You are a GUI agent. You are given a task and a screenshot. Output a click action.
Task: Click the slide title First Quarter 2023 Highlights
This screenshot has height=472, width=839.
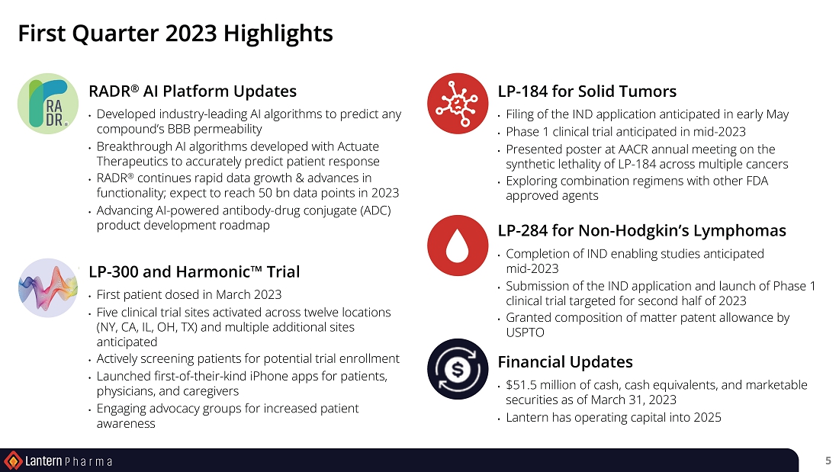coord(175,34)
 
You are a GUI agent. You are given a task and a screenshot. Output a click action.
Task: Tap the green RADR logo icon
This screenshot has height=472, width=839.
coord(48,103)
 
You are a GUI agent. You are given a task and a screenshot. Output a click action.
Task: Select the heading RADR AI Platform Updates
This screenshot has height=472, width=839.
coord(193,91)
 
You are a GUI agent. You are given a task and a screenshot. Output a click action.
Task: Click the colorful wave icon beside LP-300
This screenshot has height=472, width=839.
coord(47,288)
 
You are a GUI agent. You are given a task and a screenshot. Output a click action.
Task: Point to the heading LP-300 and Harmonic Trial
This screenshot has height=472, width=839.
coord(194,272)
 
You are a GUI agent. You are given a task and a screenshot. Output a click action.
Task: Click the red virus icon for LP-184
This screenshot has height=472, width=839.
coord(458,103)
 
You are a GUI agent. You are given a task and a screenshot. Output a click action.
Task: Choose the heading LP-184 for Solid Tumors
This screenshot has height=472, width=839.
coord(587,91)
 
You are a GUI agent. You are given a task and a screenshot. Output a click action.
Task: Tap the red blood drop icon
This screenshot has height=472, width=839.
coord(458,245)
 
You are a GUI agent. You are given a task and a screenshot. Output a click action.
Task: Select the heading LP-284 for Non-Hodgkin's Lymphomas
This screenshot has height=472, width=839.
coord(642,230)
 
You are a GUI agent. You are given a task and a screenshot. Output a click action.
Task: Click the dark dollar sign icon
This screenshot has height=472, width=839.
coord(458,369)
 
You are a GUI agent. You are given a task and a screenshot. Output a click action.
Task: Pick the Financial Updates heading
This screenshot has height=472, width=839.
coord(565,362)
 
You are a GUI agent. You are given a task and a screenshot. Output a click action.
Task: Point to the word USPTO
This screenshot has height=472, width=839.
coord(525,332)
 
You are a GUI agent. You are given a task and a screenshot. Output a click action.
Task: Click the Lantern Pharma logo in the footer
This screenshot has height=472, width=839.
coord(58,461)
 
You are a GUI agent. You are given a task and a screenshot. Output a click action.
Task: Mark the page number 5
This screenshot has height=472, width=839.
coord(828,461)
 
